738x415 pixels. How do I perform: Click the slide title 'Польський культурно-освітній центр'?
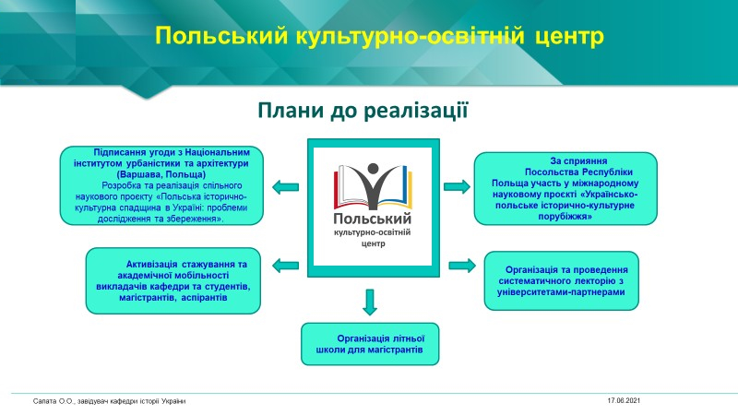tap(378, 36)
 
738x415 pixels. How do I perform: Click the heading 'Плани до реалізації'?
tap(366, 112)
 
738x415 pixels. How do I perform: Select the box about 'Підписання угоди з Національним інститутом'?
tap(162, 185)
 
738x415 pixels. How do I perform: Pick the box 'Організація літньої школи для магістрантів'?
tap(371, 344)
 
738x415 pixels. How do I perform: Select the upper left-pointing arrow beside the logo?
tap(284, 188)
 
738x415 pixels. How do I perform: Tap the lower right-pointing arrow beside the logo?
tap(459, 266)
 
